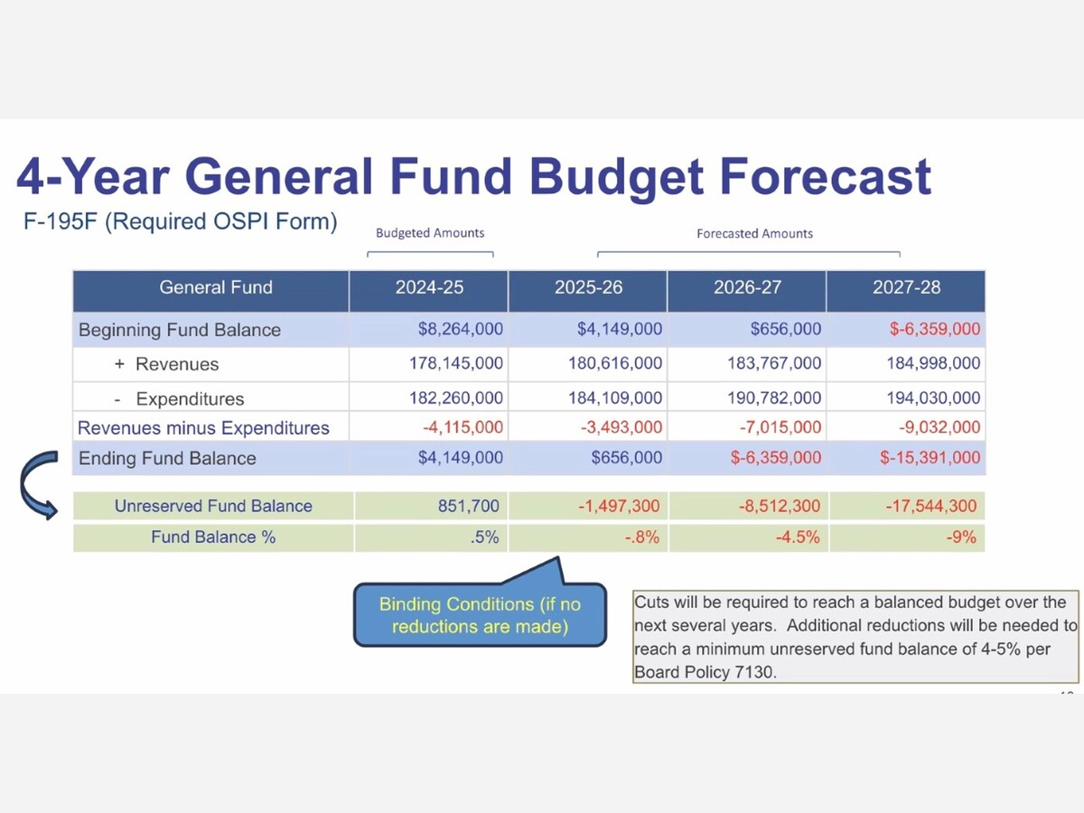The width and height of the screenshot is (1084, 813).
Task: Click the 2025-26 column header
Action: pos(588,287)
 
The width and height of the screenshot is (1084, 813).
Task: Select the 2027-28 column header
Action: pos(906,287)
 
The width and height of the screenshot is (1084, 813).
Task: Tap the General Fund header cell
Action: pos(215,287)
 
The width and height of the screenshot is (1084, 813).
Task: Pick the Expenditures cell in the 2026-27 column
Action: pos(774,398)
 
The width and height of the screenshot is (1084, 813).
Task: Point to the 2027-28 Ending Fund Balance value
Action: pos(930,458)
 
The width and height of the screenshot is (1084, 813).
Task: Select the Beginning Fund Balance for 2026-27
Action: pos(785,329)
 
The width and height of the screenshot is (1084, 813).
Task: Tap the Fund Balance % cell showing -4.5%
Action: pos(798,537)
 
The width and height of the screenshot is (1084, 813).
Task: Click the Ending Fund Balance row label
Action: pos(167,458)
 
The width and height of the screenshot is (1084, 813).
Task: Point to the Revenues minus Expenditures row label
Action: pos(203,428)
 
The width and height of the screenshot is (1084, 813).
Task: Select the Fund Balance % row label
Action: pos(213,537)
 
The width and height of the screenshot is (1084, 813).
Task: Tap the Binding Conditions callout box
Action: pos(479,615)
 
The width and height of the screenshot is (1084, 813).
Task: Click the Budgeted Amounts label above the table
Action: pos(430,233)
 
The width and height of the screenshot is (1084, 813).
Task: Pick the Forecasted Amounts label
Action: pos(754,233)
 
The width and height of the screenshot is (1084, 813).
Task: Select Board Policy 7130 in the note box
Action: pos(706,673)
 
